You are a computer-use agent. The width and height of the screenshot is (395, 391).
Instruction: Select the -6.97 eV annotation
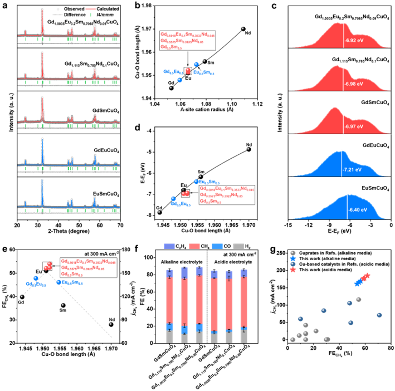pos(354,126)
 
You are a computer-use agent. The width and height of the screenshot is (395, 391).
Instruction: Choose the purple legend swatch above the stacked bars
pos(169,246)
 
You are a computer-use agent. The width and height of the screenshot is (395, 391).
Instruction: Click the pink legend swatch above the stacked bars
pos(194,246)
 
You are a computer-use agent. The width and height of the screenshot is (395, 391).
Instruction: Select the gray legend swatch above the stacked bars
pos(238,246)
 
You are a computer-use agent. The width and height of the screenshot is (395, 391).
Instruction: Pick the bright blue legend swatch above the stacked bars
pos(217,246)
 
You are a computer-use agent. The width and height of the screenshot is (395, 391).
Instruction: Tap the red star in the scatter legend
pos(293,270)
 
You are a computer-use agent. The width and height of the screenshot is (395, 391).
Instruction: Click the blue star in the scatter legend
pos(293,259)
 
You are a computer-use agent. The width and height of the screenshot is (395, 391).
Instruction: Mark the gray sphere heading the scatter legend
pos(293,253)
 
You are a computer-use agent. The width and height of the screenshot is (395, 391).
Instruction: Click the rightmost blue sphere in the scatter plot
pos(379,315)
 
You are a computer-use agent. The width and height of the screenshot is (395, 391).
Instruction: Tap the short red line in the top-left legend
pos(90,9)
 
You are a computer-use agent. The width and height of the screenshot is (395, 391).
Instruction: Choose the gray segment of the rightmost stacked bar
pos(243,338)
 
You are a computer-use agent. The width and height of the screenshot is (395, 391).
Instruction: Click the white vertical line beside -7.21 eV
pos(342,163)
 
